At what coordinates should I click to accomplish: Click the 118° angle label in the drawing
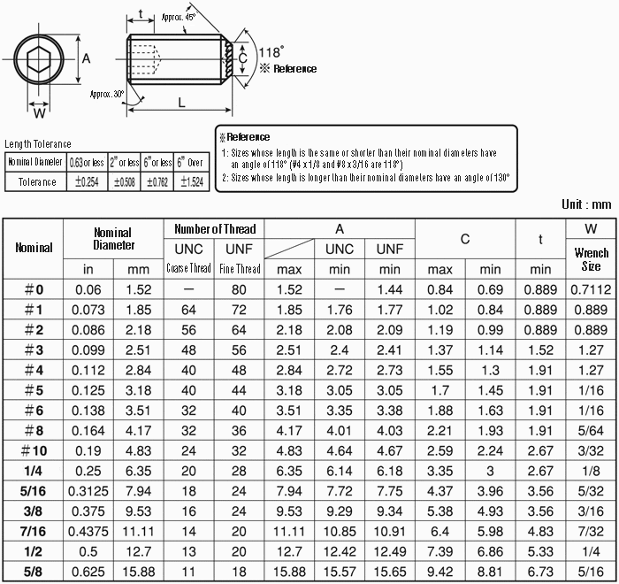coord(271,51)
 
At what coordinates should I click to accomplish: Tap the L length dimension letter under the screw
coord(180,103)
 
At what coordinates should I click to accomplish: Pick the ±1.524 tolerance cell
coord(192,181)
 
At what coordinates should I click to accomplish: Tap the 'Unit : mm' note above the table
coord(585,204)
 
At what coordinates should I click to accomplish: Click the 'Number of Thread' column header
coord(214,229)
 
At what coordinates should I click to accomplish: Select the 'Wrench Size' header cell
coord(591,258)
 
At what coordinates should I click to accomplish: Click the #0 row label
coord(34,288)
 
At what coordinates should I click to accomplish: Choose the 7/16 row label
coord(34,531)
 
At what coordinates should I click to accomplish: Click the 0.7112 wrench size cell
coord(591,288)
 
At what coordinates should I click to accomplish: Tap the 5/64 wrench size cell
coord(591,430)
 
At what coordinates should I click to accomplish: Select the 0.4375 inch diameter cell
coord(88,531)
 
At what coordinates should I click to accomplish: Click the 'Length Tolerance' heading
coord(38,144)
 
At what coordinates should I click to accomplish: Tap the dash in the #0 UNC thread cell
coord(187,288)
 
